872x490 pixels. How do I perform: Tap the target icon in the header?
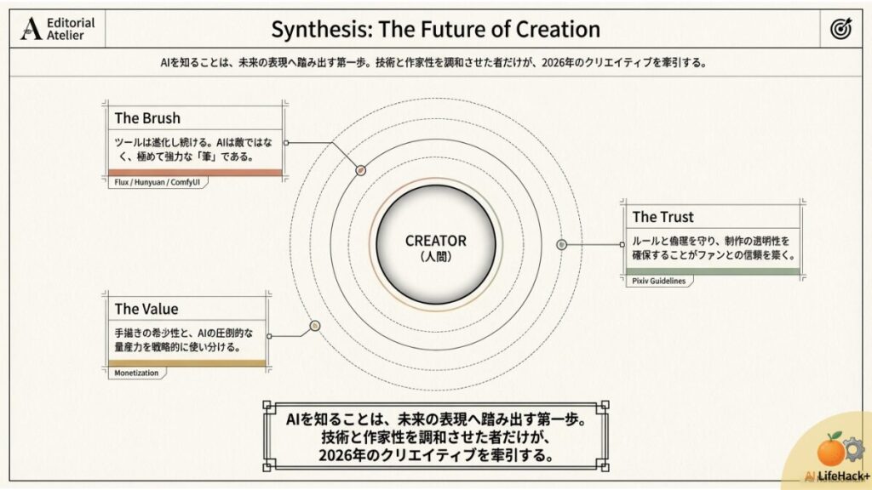[840, 30]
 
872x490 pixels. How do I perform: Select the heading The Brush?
[147, 118]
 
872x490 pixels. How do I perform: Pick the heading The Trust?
[663, 217]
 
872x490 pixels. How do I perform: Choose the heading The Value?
[146, 309]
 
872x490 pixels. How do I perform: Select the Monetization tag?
[137, 372]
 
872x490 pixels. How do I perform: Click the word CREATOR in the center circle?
[435, 241]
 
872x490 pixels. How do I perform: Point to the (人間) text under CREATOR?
[435, 255]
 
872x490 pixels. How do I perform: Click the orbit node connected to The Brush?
[360, 170]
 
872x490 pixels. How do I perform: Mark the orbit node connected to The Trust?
[561, 245]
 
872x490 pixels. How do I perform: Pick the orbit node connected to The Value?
[314, 325]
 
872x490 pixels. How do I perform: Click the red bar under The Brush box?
[196, 173]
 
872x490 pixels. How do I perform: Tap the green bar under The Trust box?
[713, 271]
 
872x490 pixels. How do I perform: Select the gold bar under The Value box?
[187, 363]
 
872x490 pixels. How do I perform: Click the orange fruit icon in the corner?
[829, 449]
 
